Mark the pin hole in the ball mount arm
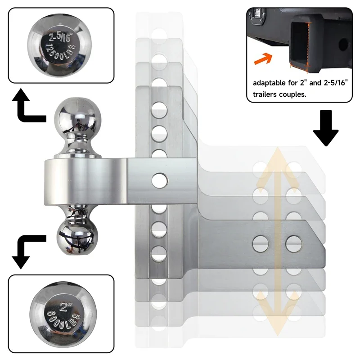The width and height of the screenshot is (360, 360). pos(158,180)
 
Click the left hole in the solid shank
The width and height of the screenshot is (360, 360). pos(260,243)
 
